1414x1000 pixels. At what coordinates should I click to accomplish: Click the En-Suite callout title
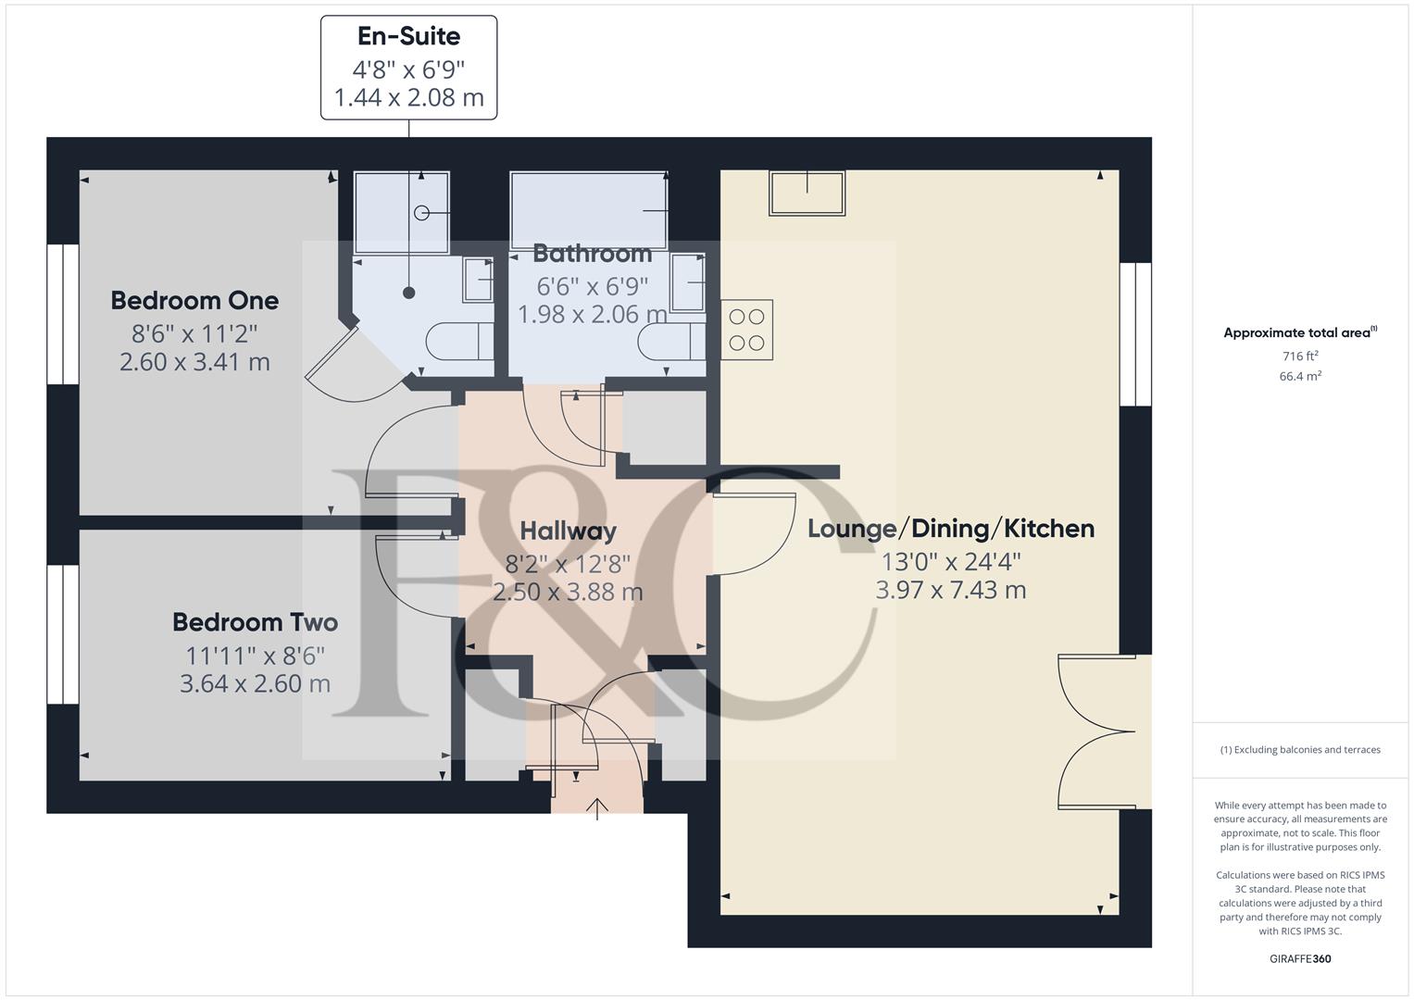click(x=408, y=37)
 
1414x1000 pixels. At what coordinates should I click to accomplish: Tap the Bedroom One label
click(x=194, y=300)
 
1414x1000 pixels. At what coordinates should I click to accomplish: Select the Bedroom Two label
click(x=255, y=622)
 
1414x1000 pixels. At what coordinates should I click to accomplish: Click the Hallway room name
click(x=568, y=531)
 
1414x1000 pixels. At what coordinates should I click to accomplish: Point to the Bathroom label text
click(x=592, y=253)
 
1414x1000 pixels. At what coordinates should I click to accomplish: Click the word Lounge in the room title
click(x=851, y=529)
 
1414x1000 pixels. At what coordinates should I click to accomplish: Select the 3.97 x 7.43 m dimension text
click(x=950, y=590)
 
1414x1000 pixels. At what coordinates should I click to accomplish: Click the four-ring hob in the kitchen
click(x=746, y=330)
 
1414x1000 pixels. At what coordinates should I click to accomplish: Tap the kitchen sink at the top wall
click(x=807, y=194)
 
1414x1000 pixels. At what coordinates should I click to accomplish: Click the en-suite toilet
click(x=459, y=341)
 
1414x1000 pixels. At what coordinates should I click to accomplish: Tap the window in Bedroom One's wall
click(x=63, y=314)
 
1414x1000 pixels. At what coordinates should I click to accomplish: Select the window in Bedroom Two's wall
click(x=63, y=634)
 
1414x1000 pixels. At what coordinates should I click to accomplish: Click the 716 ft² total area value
click(x=1300, y=356)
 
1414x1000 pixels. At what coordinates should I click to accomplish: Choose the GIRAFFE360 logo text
click(x=1300, y=958)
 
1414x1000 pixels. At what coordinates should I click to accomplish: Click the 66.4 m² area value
click(x=1300, y=376)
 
